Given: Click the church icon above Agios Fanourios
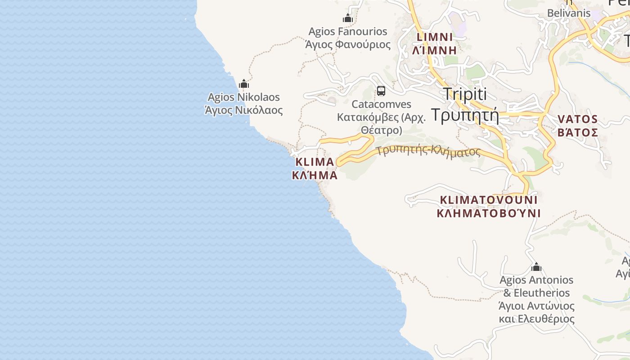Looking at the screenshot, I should [x=347, y=18].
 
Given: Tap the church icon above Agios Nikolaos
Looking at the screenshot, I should [x=244, y=84].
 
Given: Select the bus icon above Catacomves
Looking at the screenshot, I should [x=381, y=91].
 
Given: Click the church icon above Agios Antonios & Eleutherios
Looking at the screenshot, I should [x=536, y=267].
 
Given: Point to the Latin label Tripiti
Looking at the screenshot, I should [x=465, y=94].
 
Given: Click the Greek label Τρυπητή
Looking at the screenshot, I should [x=465, y=115].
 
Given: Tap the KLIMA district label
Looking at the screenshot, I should [x=315, y=162].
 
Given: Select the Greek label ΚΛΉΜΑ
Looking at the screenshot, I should [x=315, y=175].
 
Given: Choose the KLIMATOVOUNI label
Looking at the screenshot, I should [x=489, y=199].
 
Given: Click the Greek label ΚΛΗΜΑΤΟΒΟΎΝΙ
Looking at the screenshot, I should [x=489, y=213].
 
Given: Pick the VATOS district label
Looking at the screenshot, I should [x=578, y=119].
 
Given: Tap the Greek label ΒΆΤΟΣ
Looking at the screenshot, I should [x=578, y=133].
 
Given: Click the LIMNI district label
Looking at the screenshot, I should [x=435, y=37].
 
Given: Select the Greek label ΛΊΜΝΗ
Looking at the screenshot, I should [x=435, y=50].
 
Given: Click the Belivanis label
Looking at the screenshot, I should [x=569, y=13].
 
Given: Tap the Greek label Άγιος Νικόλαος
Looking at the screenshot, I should [x=243, y=110].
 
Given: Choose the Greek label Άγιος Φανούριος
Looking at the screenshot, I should [x=347, y=45].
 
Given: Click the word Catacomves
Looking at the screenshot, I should [x=381, y=104].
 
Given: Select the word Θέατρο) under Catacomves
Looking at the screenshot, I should [x=381, y=130].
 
